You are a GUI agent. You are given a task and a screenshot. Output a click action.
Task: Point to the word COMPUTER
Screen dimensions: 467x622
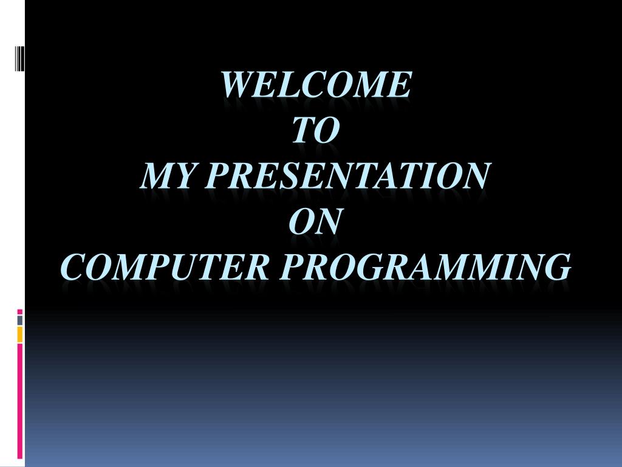point(165,267)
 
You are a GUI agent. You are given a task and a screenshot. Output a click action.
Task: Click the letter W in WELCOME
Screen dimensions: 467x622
point(235,85)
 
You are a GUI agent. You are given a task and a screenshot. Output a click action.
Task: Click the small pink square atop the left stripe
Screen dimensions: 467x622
point(19,312)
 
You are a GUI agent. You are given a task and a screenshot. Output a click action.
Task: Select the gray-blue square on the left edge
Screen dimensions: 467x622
point(19,320)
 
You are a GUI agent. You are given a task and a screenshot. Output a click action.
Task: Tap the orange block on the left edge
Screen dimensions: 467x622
point(19,334)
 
